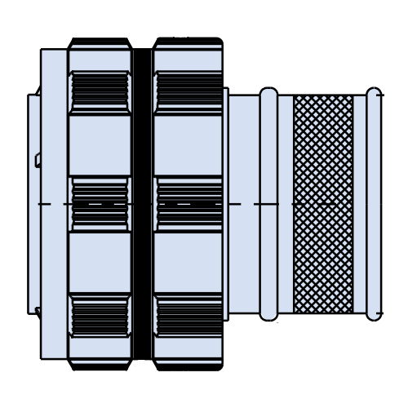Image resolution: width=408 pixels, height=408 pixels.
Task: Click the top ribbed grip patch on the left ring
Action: pyautogui.click(x=100, y=91)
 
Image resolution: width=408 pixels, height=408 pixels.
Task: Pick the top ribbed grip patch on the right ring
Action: pyautogui.click(x=188, y=91)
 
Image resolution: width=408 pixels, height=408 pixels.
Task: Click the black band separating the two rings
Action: pyautogui.click(x=143, y=204)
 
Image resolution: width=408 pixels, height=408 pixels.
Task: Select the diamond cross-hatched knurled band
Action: pyautogui.click(x=323, y=204)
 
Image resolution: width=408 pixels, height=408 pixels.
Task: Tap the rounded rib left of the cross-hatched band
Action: pyautogui.click(x=268, y=204)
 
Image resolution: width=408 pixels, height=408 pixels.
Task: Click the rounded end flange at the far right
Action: pyautogui.click(x=374, y=204)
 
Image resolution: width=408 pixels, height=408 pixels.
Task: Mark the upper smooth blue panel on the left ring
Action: pyautogui.click(x=100, y=144)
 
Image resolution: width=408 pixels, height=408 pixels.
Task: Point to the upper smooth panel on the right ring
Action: pyautogui.click(x=188, y=144)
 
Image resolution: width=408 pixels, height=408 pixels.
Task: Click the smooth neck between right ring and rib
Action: pyautogui.click(x=243, y=204)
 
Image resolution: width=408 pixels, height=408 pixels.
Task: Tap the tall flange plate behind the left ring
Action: pyautogui.click(x=54, y=204)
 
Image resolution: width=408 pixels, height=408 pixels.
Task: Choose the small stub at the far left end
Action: pyautogui.click(x=33, y=204)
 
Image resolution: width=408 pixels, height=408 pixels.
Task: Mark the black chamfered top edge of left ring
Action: pyautogui.click(x=100, y=42)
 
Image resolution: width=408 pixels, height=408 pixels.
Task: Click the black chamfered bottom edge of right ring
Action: pyautogui.click(x=188, y=365)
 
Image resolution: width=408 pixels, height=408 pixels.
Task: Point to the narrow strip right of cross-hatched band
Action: pyautogui.click(x=360, y=204)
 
